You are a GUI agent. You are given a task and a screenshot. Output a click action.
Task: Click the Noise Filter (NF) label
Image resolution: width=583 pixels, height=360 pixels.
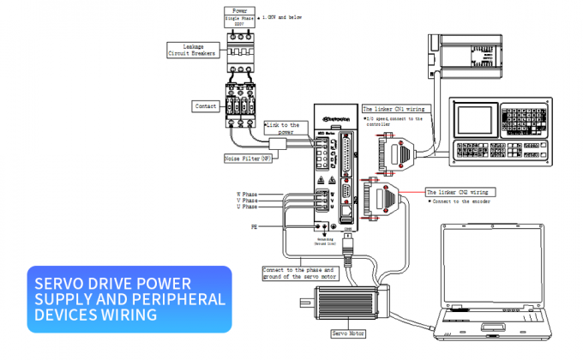249,158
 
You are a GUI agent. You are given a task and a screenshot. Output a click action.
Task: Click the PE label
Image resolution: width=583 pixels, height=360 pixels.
254,227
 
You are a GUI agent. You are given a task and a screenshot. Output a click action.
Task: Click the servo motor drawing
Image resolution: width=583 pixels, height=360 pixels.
347,302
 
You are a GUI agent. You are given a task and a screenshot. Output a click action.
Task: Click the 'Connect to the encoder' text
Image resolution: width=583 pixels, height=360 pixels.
460,202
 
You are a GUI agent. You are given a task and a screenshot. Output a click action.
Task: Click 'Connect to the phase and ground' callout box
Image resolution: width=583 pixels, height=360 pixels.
299,273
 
